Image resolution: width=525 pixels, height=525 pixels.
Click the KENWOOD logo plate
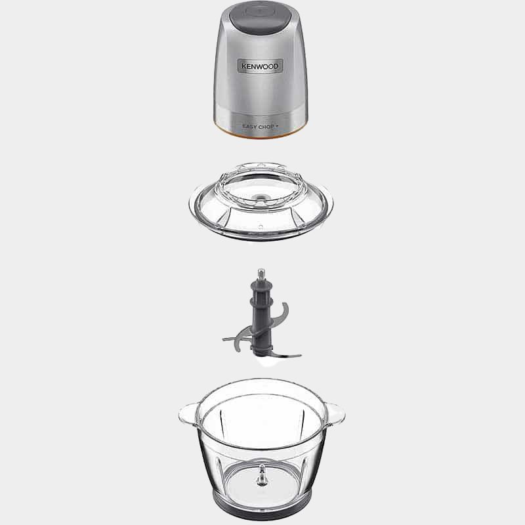point(260,66)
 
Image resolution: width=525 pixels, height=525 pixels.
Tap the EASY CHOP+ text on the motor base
point(260,127)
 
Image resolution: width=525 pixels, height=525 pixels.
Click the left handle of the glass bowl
point(189,414)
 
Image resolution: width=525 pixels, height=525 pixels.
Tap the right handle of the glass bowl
point(334,415)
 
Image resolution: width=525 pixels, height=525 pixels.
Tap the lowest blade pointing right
point(284,355)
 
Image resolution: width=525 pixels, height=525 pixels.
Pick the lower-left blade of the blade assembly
point(236,339)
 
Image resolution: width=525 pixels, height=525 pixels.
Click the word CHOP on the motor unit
point(266,127)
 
